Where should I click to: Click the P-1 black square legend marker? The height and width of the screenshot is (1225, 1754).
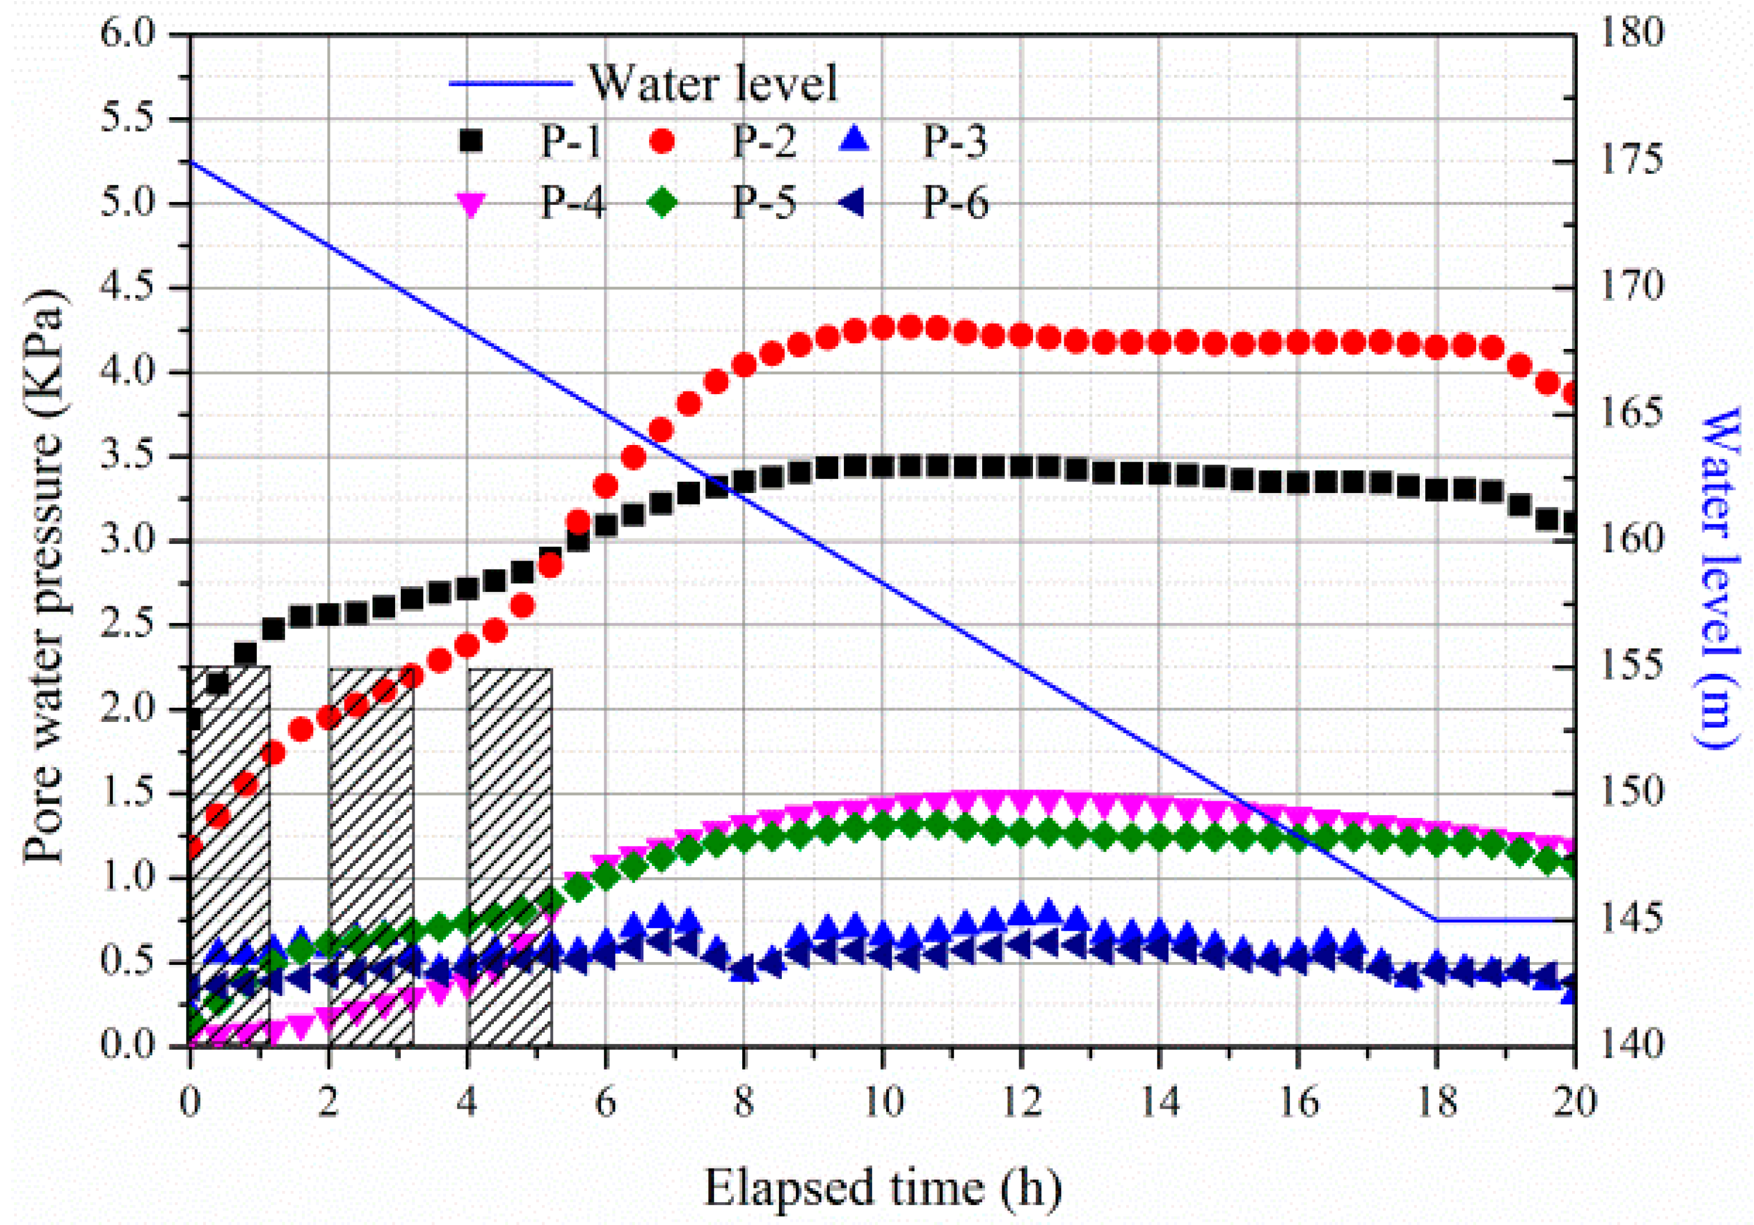(472, 141)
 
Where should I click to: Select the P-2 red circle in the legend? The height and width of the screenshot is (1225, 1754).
(663, 141)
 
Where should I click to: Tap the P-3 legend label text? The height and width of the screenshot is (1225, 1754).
(955, 141)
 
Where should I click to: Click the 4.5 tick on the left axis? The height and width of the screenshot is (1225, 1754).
(134, 289)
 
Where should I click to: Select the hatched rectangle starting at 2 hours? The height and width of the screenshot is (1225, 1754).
(371, 856)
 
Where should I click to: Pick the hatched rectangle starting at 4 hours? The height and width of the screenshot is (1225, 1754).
(510, 856)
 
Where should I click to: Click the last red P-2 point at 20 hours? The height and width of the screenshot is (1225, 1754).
(1568, 395)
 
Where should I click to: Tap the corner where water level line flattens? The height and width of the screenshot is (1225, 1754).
(1437, 920)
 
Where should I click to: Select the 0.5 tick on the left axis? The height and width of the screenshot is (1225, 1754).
(134, 961)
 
